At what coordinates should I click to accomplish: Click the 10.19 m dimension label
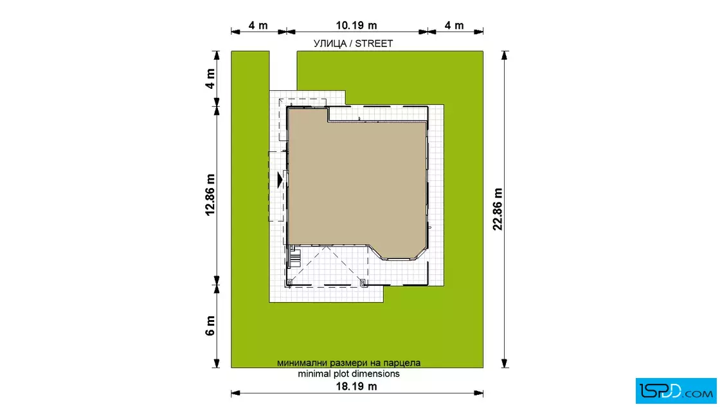click(356, 25)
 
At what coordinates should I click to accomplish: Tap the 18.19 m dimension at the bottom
click(356, 386)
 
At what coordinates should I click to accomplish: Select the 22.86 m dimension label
click(498, 209)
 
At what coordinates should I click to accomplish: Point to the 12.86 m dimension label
click(210, 195)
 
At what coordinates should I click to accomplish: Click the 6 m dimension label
click(210, 326)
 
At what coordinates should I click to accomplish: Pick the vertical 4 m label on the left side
click(210, 79)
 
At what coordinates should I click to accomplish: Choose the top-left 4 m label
click(258, 25)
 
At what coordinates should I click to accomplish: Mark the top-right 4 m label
click(454, 25)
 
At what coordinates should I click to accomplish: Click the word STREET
click(373, 44)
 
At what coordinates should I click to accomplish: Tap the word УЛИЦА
click(330, 44)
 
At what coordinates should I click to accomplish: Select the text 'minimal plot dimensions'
click(348, 374)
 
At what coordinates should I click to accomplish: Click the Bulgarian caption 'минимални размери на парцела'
click(348, 363)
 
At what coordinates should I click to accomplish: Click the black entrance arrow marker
click(280, 179)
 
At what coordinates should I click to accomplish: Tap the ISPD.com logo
click(676, 391)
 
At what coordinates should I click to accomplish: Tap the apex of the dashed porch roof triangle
click(326, 247)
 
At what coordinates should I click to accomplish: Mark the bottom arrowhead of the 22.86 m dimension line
click(505, 363)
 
